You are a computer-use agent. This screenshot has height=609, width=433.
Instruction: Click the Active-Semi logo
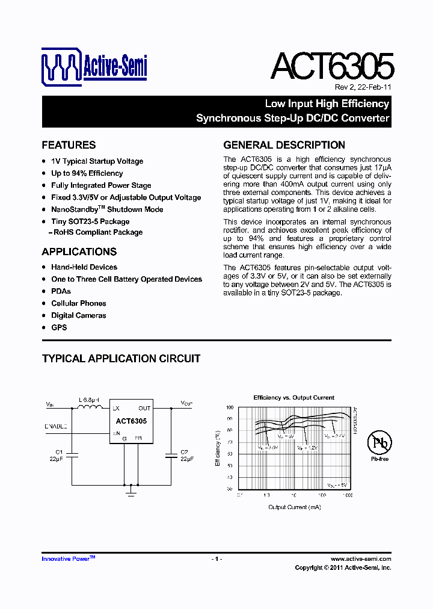tap(94, 66)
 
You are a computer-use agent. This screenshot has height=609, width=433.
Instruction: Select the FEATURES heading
tap(69, 145)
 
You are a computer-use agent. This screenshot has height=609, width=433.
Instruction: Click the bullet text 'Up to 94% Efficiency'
tap(87, 173)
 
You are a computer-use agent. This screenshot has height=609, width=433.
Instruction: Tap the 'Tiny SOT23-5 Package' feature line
tap(90, 221)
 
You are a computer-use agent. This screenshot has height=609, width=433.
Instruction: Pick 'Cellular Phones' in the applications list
tap(78, 303)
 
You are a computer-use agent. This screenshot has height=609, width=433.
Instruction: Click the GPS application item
tap(59, 327)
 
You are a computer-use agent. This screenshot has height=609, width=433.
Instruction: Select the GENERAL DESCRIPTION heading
tap(284, 145)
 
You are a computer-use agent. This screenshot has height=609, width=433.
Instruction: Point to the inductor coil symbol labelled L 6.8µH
tap(90, 409)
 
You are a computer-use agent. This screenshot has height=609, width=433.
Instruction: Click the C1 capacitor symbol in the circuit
tap(72, 454)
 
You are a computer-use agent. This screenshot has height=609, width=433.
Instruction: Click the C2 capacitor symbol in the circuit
tap(171, 454)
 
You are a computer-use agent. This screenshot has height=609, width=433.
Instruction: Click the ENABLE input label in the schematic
tap(56, 426)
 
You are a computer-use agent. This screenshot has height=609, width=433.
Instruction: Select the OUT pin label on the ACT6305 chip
tap(144, 408)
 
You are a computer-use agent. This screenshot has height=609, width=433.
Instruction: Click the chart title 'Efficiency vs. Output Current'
tap(293, 398)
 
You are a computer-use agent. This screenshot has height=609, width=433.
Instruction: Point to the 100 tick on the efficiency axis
tap(229, 408)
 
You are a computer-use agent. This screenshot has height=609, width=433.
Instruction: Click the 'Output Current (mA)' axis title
tap(294, 507)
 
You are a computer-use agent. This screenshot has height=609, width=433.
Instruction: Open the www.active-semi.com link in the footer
tap(361, 559)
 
